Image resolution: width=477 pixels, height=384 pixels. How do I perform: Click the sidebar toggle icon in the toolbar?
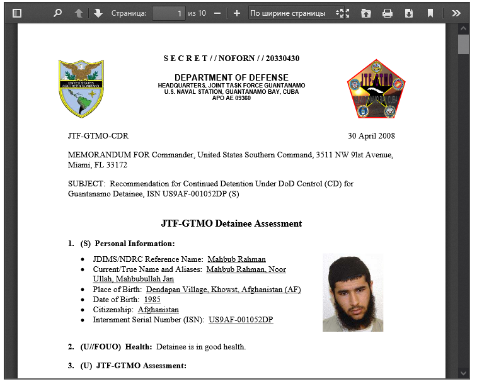[x=17, y=13]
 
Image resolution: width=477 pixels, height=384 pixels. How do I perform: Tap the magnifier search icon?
[x=58, y=13]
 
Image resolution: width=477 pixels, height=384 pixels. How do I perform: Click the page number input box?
[x=169, y=13]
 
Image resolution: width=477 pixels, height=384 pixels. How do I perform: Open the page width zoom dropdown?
[x=297, y=13]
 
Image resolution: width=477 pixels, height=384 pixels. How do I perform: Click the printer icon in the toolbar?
[x=388, y=13]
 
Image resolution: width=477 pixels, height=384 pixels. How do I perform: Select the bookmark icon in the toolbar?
[x=430, y=13]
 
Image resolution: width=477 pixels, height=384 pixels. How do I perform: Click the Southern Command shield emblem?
[x=81, y=88]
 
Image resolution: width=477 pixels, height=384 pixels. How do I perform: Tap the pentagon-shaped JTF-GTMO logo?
[x=376, y=89]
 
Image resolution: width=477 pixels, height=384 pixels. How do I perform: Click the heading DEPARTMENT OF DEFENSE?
[x=231, y=77]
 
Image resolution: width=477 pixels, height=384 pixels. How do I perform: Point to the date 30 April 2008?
[x=372, y=136]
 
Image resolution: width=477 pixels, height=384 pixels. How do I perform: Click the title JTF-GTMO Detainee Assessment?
[x=231, y=223]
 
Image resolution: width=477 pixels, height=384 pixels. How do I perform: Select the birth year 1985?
[x=152, y=300]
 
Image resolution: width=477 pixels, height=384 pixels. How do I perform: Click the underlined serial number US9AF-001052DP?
[x=241, y=320]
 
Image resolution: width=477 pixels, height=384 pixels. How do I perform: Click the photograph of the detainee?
[x=352, y=292]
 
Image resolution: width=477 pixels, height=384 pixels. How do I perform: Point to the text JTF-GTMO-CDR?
[x=98, y=136]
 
